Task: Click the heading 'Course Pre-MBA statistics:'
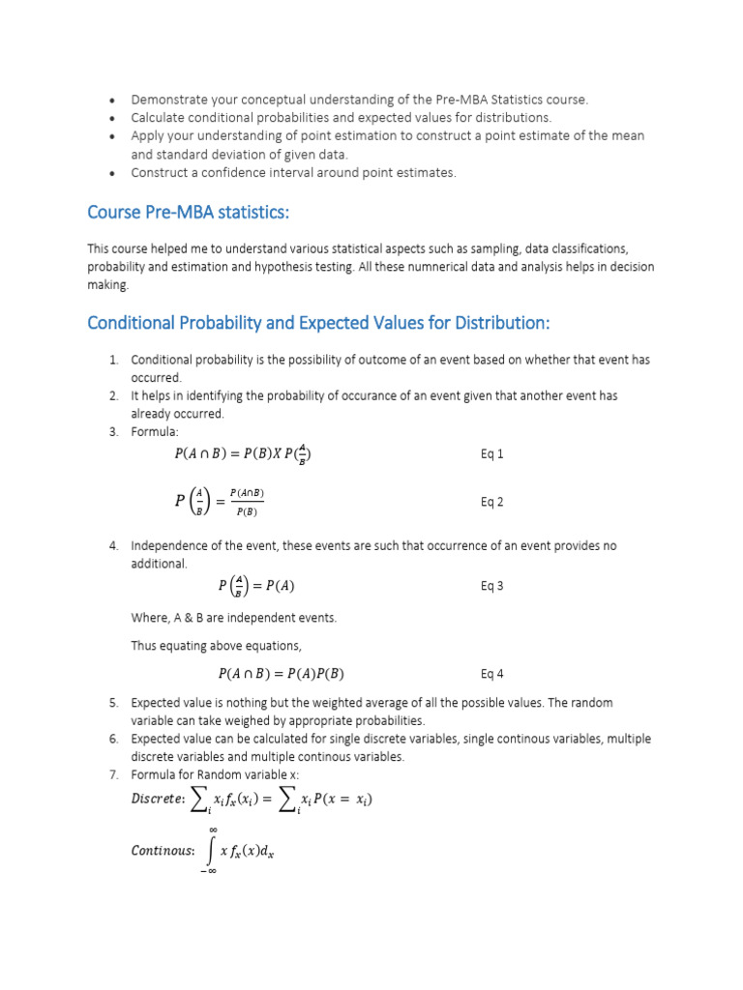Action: [188, 212]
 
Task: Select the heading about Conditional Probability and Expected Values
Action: [318, 322]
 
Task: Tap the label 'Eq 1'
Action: [492, 454]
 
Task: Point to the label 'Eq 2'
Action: [492, 502]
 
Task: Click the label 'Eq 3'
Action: [492, 586]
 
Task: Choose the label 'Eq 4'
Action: [492, 674]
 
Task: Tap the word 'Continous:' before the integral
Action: [163, 851]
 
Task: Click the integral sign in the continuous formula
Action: [212, 851]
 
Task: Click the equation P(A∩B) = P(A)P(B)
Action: [281, 674]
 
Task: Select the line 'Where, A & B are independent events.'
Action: [234, 617]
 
